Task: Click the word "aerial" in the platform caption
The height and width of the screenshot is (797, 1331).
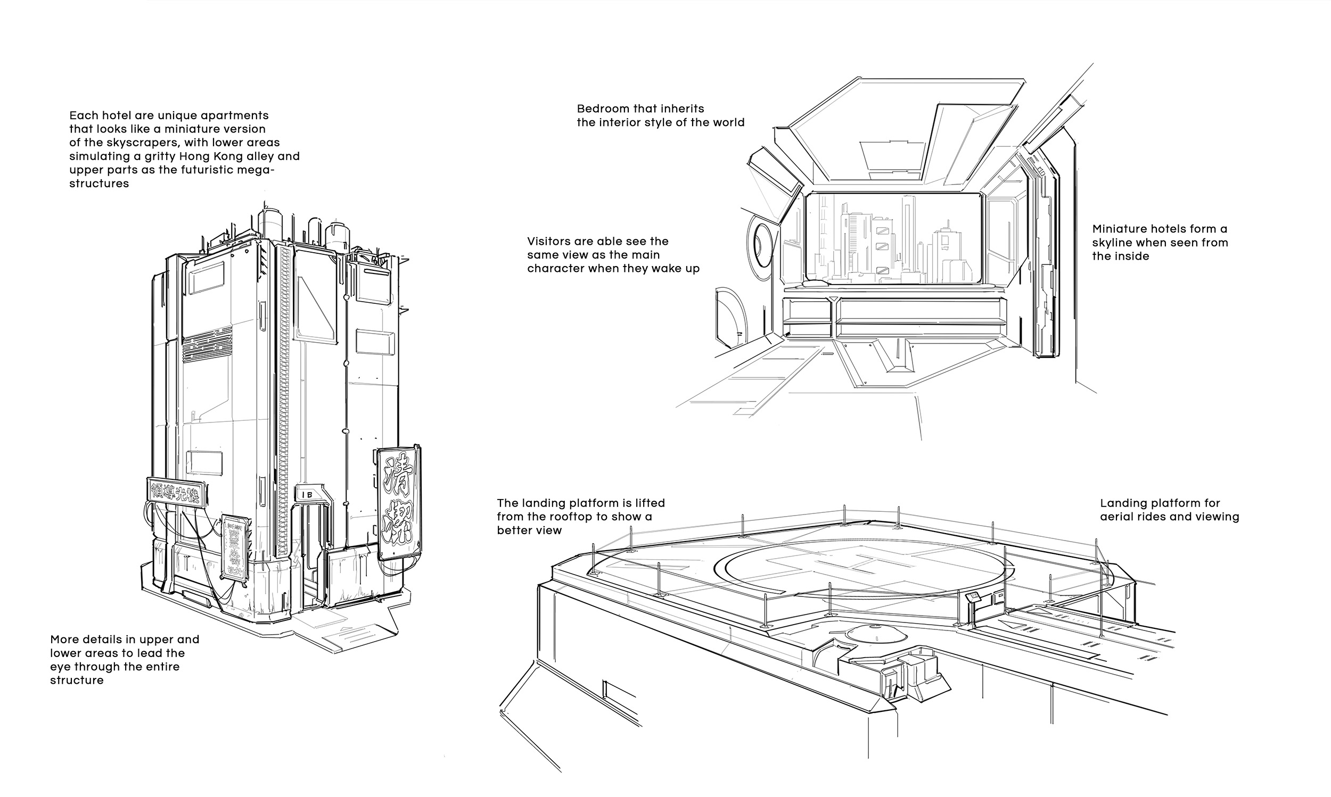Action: click(1115, 517)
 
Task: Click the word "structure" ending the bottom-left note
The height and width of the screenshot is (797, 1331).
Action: click(77, 680)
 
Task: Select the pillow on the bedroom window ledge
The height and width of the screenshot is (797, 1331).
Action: click(811, 283)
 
